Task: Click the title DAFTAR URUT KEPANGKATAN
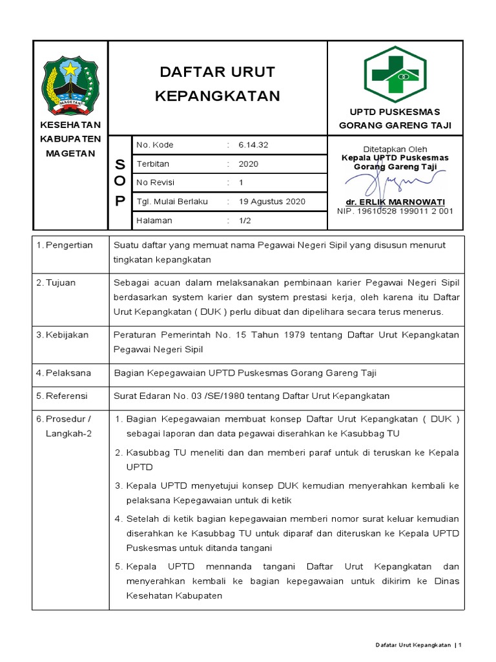[218, 83]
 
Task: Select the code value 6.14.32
[253, 145]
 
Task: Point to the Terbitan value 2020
[248, 164]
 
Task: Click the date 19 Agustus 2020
[272, 202]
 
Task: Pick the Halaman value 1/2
[245, 220]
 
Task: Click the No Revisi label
[155, 182]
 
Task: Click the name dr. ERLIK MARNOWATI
[395, 202]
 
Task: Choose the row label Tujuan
[63, 283]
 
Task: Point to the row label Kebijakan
[67, 335]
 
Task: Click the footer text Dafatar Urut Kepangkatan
[413, 645]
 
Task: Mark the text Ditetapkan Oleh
[395, 149]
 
